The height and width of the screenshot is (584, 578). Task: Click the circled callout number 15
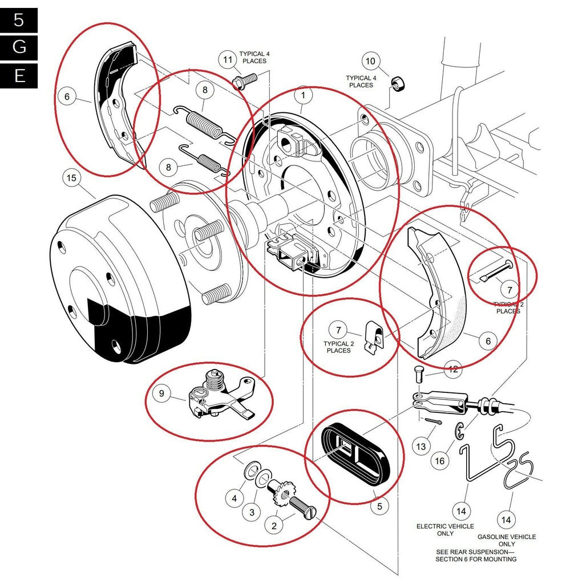click(x=71, y=179)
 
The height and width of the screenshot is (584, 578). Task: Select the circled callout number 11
click(x=228, y=60)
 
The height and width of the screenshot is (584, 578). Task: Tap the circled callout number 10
click(x=370, y=62)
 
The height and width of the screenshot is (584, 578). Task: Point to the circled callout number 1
click(x=304, y=95)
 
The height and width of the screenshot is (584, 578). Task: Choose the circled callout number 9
click(x=161, y=393)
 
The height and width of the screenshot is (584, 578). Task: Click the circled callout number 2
click(x=274, y=526)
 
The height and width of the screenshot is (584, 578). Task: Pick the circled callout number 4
click(x=234, y=498)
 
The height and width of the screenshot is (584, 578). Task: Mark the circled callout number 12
click(x=453, y=370)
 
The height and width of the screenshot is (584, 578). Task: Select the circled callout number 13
click(x=421, y=447)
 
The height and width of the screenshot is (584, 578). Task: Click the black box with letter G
click(x=19, y=47)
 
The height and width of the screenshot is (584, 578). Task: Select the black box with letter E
click(x=19, y=75)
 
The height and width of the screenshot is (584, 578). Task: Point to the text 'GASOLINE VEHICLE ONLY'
click(x=506, y=540)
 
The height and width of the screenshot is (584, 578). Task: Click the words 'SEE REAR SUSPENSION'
click(x=475, y=551)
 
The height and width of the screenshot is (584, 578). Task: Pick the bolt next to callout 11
click(x=244, y=80)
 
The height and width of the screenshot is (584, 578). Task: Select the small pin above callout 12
click(x=419, y=374)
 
